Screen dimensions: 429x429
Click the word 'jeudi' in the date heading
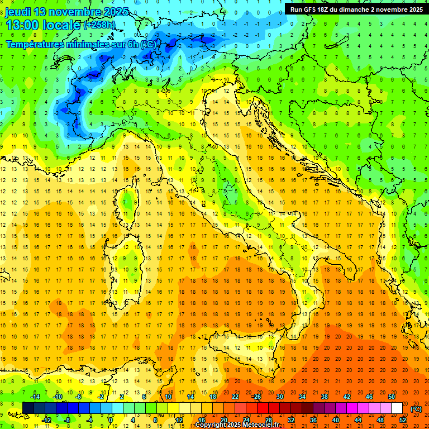tap(17, 11)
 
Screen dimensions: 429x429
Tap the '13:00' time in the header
tap(22, 25)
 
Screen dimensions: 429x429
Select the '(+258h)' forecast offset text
tap(99, 25)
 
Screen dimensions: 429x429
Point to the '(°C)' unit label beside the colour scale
tap(416, 409)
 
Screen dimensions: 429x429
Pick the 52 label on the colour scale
tap(403, 420)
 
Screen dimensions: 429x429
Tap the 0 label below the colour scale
tap(111, 420)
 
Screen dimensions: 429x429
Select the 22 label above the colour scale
tap(235, 397)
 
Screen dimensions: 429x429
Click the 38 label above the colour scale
tap(325, 397)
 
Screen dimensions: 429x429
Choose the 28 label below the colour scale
tap(269, 420)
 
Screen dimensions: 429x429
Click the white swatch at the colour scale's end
tap(397, 408)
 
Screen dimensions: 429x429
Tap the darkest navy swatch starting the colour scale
tap(28, 408)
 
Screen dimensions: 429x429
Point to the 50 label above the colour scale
tap(392, 397)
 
